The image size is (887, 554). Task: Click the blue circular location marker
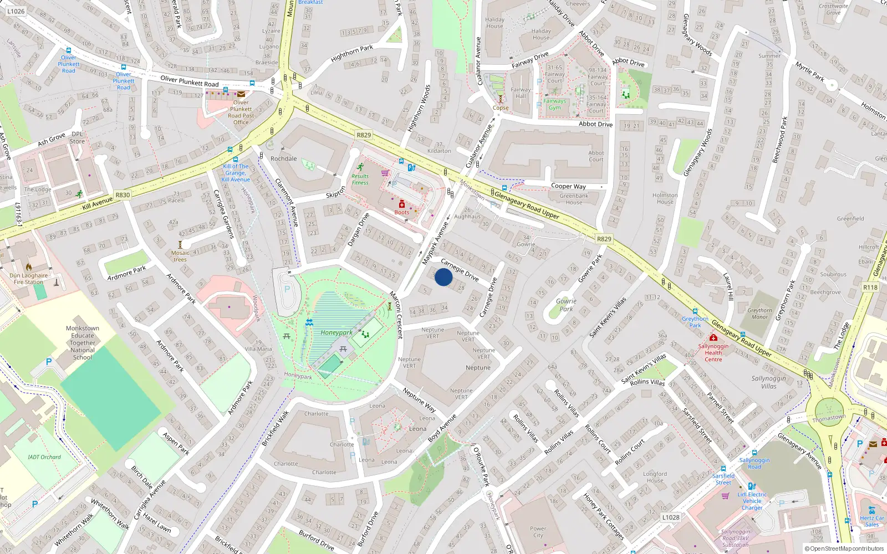pos(443,277)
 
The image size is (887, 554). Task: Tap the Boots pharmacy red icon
pos(402,204)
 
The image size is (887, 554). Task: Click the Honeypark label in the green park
pos(337,333)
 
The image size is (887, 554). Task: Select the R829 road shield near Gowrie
pos(604,239)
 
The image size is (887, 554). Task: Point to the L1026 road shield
pos(16,11)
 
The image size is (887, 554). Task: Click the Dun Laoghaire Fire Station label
pos(29,279)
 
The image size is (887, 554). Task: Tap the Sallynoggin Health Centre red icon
pos(713,337)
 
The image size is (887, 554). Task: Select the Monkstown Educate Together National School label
pos(83,342)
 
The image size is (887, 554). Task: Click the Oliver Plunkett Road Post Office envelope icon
pos(241,94)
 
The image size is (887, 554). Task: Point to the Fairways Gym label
pos(555,104)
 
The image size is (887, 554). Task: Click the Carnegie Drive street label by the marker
pos(460,269)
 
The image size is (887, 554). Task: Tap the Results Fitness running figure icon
pos(360,167)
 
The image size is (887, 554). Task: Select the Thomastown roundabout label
pos(829,418)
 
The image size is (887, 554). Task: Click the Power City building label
pos(538,532)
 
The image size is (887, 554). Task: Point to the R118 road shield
pos(870,287)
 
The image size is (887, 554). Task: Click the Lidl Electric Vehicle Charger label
pos(752,501)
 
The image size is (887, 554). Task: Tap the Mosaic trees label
pos(180,256)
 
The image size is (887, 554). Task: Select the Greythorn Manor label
pos(759,314)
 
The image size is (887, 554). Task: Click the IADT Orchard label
pos(44,457)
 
